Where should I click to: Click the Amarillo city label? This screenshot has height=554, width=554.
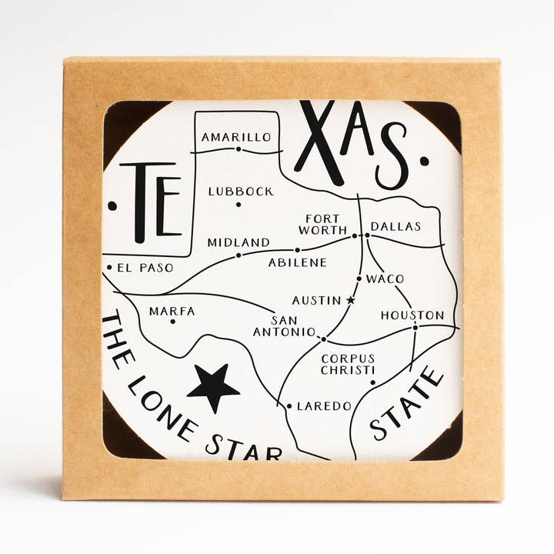click(x=236, y=137)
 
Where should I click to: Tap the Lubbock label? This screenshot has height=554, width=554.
click(x=240, y=191)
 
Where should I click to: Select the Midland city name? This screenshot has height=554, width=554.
click(x=239, y=242)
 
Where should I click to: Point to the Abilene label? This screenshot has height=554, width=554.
click(x=297, y=262)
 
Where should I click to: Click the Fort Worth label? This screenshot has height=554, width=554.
click(x=322, y=224)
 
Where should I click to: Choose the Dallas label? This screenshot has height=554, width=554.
click(x=395, y=226)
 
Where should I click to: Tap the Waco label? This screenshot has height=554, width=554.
click(x=385, y=279)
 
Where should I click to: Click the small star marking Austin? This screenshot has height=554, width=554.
click(x=351, y=299)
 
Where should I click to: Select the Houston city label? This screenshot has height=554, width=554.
click(x=412, y=315)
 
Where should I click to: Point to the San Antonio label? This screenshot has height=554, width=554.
click(x=284, y=326)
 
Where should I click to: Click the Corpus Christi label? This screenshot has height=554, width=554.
click(x=348, y=364)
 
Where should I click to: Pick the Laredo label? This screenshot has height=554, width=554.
click(x=324, y=405)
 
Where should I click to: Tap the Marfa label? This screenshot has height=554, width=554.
click(x=172, y=311)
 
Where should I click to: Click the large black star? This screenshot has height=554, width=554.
click(x=213, y=387)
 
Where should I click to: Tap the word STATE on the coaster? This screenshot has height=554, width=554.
click(x=407, y=403)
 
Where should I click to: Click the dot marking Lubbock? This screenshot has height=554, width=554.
click(x=239, y=204)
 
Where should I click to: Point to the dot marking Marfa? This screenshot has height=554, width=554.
click(x=172, y=321)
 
